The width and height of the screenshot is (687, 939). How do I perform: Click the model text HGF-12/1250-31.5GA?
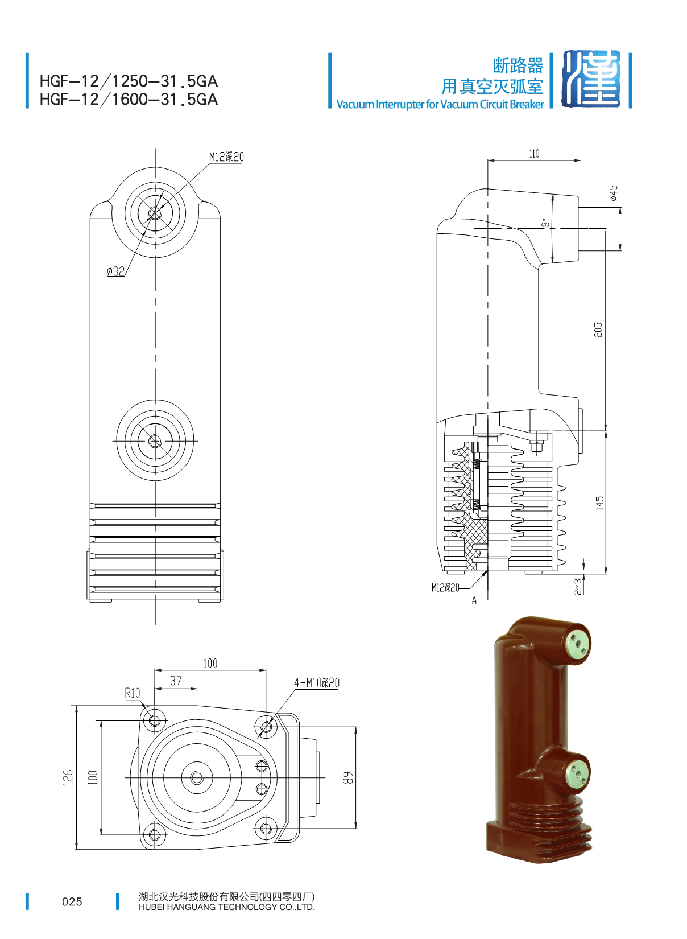tap(129, 81)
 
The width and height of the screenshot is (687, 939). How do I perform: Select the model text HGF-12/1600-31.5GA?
tap(129, 100)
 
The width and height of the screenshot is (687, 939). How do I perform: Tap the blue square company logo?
tap(591, 79)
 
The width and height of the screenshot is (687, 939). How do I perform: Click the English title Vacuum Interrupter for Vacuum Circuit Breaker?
tap(440, 104)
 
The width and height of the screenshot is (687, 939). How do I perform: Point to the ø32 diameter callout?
tap(115, 271)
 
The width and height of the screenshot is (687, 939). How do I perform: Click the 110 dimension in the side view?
tap(534, 154)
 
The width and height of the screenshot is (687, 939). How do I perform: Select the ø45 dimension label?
tap(613, 193)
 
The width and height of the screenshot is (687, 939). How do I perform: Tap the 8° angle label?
tap(545, 223)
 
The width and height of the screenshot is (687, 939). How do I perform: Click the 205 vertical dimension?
tap(598, 330)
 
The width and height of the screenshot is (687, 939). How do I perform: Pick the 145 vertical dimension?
tap(599, 503)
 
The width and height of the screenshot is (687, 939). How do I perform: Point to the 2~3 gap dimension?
tap(578, 587)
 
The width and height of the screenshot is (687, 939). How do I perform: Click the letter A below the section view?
tap(474, 600)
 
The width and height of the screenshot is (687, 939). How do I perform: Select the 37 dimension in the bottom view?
tap(176, 681)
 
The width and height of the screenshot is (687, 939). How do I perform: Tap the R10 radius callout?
tap(133, 693)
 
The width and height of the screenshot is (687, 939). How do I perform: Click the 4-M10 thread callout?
tap(317, 683)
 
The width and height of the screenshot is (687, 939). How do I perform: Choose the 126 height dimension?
tap(68, 777)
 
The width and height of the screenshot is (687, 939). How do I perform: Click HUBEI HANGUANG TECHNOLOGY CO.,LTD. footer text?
tap(226, 907)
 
